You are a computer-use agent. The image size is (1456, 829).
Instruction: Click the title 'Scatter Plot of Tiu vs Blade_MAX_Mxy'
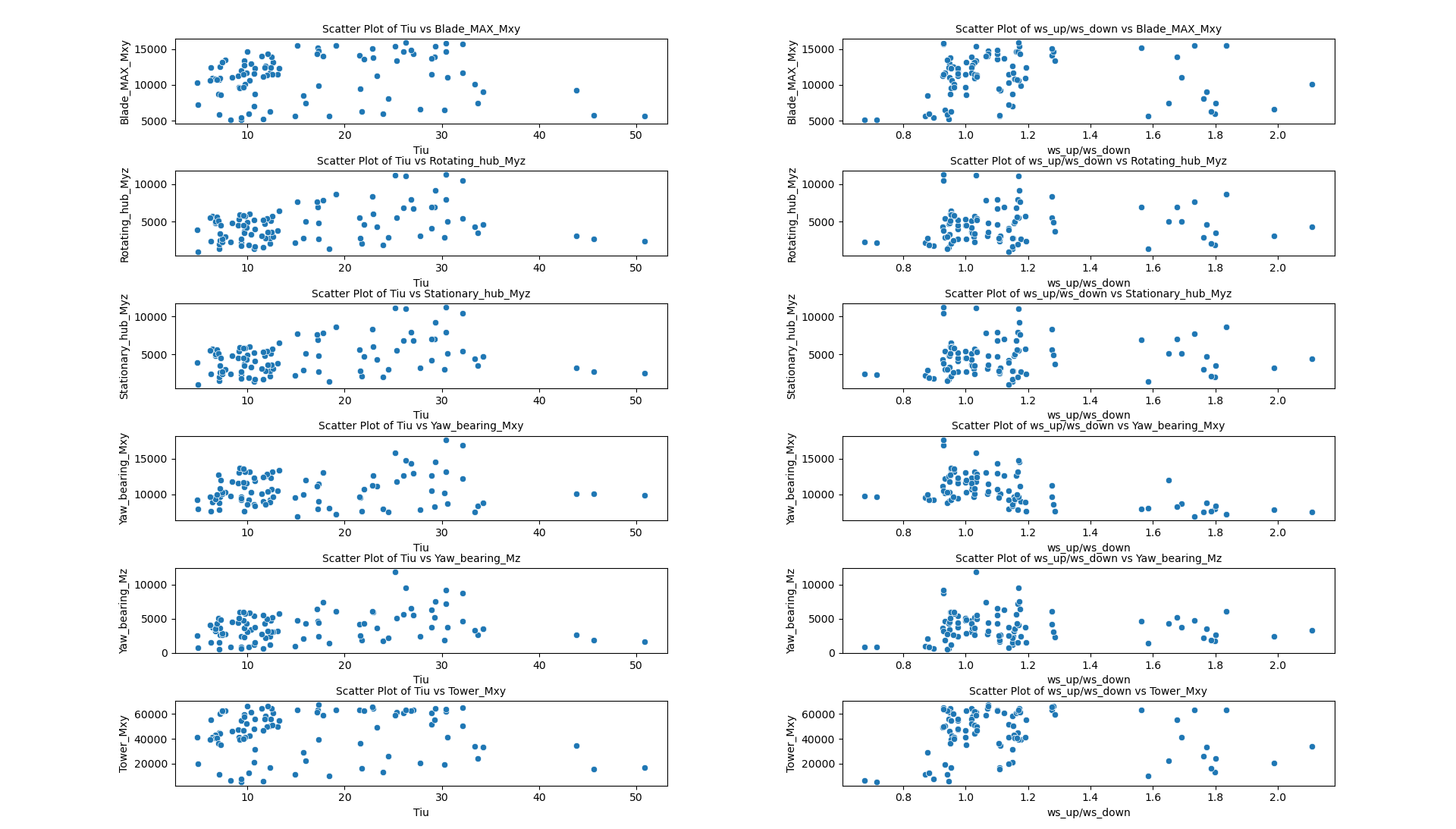point(421,29)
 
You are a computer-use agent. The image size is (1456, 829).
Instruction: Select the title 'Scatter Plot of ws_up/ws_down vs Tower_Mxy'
point(1087,691)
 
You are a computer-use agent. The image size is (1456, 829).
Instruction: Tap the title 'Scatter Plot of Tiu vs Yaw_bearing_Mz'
point(421,558)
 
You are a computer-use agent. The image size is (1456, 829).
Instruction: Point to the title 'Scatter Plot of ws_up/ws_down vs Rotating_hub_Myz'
point(1087,161)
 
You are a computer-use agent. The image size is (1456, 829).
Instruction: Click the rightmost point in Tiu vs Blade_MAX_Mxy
point(645,116)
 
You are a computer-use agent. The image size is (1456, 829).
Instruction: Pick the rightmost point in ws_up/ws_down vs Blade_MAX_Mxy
point(1312,84)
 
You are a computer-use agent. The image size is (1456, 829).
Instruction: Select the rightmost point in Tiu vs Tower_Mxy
point(645,768)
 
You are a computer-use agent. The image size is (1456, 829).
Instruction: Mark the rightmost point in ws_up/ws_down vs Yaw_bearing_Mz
point(1312,630)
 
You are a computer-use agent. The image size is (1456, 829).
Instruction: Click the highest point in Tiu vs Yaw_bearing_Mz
point(395,572)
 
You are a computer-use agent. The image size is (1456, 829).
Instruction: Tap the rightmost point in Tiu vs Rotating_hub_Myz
point(645,241)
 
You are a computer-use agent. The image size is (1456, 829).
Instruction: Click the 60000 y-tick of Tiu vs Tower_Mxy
point(151,714)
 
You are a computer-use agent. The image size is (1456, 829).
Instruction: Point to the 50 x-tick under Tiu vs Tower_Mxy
point(635,797)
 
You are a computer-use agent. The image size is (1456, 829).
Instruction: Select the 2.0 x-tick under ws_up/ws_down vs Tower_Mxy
point(1278,797)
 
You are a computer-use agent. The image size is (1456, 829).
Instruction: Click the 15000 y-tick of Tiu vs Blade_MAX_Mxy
point(153,49)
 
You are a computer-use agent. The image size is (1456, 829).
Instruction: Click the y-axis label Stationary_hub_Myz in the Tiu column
point(124,347)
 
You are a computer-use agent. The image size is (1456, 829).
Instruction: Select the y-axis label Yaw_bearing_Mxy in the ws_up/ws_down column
point(792,479)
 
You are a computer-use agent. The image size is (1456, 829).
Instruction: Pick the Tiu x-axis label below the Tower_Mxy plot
point(421,812)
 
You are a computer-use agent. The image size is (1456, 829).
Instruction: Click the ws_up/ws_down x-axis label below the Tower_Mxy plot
point(1088,812)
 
